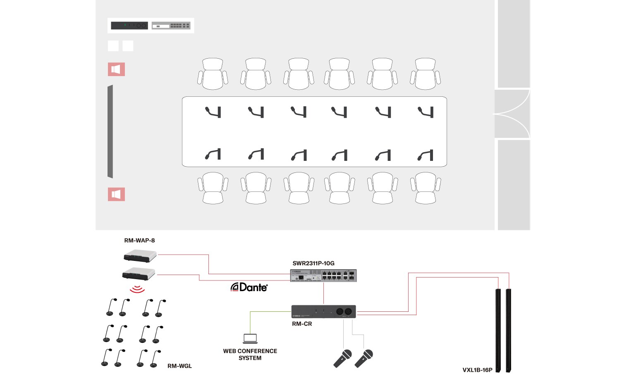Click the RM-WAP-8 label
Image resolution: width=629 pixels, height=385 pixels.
(139, 240)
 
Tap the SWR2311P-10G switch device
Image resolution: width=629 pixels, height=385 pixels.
(323, 275)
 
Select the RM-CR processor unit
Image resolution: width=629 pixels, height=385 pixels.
(323, 311)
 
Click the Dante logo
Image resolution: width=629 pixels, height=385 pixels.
(249, 287)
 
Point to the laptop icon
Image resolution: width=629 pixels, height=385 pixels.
(250, 338)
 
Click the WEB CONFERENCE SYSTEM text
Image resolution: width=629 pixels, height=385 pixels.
(250, 354)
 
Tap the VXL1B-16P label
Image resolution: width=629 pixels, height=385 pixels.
(477, 370)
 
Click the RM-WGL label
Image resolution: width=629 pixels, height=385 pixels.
(179, 366)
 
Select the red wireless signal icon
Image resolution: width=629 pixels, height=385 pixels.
(137, 289)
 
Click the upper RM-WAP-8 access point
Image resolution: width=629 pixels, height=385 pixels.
(140, 256)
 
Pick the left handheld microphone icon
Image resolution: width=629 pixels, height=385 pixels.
(342, 359)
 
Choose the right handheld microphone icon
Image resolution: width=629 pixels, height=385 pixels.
(364, 359)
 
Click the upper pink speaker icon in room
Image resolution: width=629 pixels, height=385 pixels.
(116, 69)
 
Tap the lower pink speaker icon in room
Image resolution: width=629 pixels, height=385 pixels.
(116, 194)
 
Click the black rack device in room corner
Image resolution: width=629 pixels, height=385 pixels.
(129, 26)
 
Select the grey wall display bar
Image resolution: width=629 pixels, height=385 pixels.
(110, 132)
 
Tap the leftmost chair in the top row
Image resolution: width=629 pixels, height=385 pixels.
(213, 74)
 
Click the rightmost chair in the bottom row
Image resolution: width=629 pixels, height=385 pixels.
(426, 188)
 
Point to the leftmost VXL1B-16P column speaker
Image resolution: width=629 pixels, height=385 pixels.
(498, 330)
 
